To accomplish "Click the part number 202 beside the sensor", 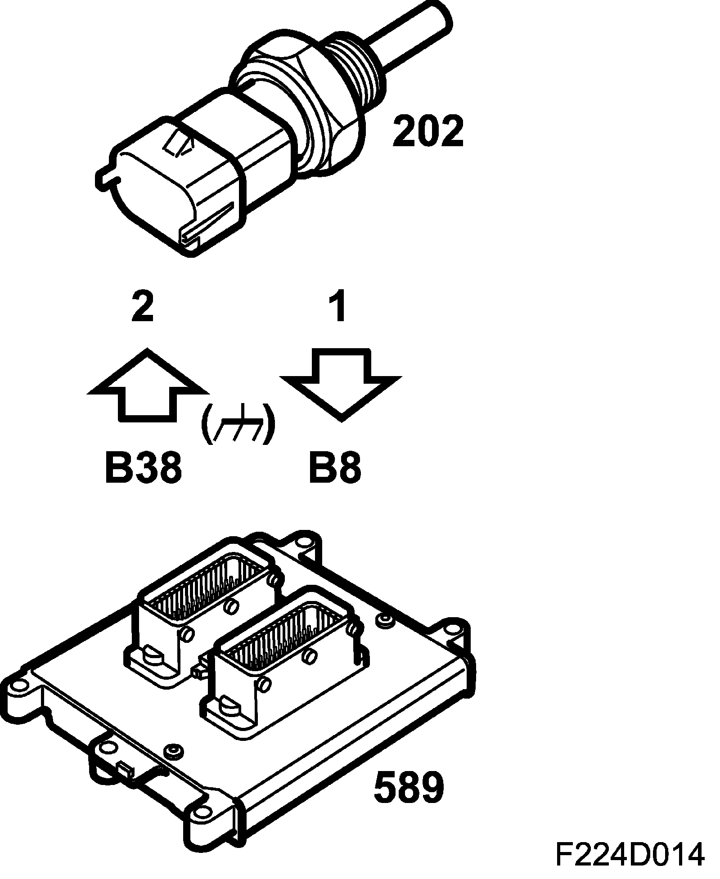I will [x=427, y=131].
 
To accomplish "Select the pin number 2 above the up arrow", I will [x=143, y=307].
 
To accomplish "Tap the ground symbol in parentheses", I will [x=237, y=424].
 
